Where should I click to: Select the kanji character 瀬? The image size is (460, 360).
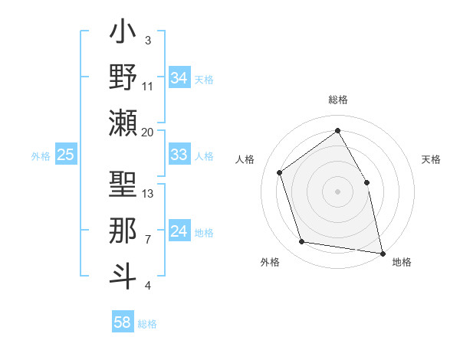(x=123, y=122)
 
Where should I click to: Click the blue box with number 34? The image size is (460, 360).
(x=179, y=78)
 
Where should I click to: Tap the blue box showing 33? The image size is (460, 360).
(x=179, y=155)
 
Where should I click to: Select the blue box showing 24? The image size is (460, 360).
(x=179, y=231)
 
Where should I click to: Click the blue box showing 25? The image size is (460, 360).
(x=66, y=155)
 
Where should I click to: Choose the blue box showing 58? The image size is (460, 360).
(x=122, y=322)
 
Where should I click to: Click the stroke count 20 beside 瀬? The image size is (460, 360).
(x=148, y=133)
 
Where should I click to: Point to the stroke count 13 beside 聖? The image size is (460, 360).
(x=148, y=194)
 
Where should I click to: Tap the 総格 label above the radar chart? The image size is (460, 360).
(x=337, y=100)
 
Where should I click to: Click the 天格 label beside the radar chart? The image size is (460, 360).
(x=431, y=159)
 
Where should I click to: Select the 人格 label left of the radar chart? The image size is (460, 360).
(x=245, y=159)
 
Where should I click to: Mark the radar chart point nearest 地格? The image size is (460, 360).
(x=381, y=253)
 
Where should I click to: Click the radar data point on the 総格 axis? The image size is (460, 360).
(x=337, y=130)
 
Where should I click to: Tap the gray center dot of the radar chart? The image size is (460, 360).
(x=337, y=191)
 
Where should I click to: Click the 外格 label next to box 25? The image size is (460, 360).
(x=41, y=155)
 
